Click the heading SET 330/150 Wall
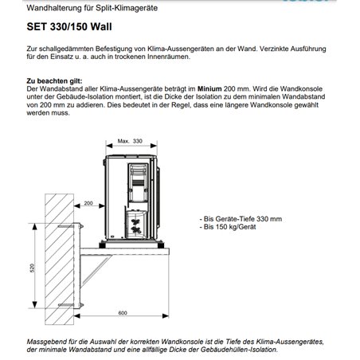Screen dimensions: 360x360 point(69,27)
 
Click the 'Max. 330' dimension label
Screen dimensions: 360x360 point(130,141)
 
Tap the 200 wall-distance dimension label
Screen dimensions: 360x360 point(88,203)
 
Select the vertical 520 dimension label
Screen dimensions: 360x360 point(33,268)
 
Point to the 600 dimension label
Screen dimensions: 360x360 point(123,313)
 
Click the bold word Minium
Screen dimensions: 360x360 point(209,88)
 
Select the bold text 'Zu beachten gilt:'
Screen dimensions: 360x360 point(54,81)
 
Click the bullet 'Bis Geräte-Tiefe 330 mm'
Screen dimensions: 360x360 point(241,219)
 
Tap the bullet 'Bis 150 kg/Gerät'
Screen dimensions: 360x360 point(228,227)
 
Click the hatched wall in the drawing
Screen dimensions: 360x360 point(59,259)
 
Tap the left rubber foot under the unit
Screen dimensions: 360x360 point(102,245)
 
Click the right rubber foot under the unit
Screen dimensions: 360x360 point(160,245)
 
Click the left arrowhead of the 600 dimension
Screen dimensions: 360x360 point(77,315)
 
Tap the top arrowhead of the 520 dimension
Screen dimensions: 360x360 point(34,226)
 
